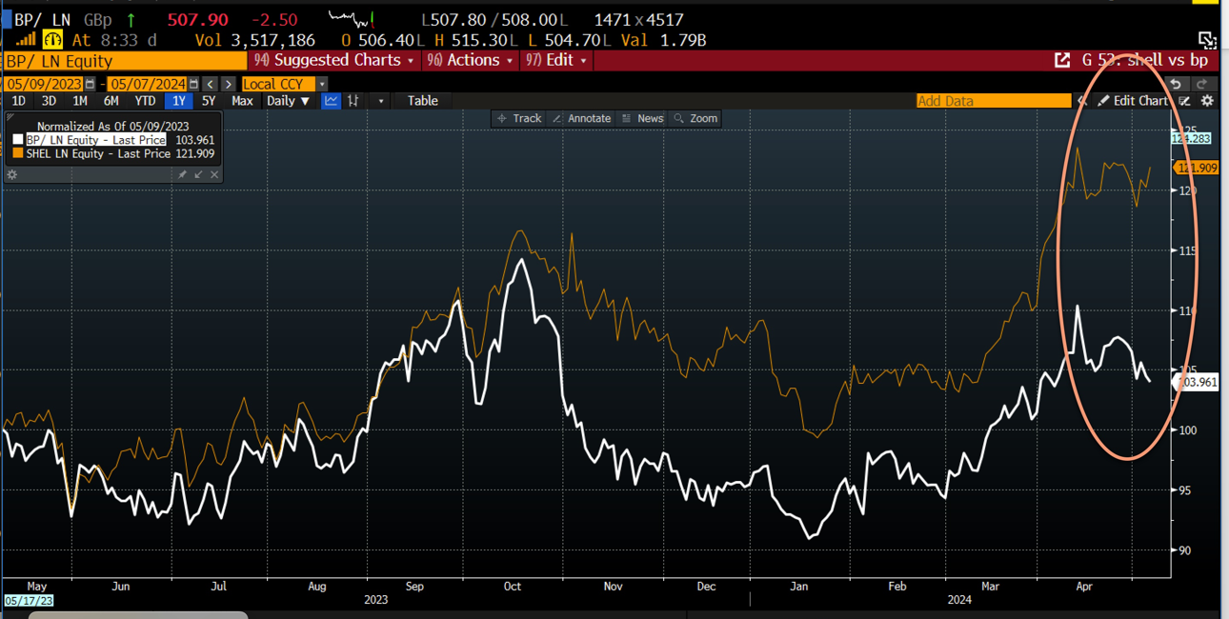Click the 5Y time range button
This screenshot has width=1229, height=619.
tap(208, 101)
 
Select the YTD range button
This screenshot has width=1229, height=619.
tap(144, 101)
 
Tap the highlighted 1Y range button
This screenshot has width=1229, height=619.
tap(177, 101)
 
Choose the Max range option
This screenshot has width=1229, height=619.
tap(242, 101)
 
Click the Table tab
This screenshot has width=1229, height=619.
tap(422, 101)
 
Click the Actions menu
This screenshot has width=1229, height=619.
tap(473, 60)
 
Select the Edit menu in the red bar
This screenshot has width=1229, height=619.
tap(558, 60)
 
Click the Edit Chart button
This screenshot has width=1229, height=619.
tap(1133, 101)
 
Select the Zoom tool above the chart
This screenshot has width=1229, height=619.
tap(696, 119)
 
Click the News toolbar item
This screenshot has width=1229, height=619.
tap(643, 119)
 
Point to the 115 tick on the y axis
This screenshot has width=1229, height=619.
tap(1187, 251)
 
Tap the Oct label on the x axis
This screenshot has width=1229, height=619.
tap(513, 587)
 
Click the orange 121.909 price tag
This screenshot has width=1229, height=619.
tap(1198, 169)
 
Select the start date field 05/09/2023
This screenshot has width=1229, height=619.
tap(46, 84)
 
